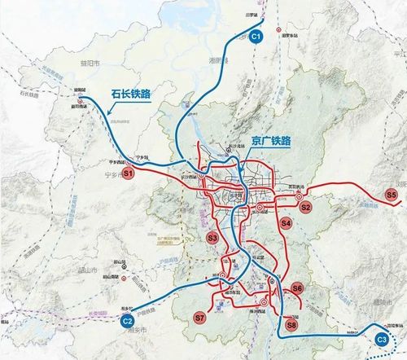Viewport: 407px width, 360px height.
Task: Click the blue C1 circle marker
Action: pyautogui.click(x=256, y=37)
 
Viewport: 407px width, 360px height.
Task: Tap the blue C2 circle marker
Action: pyautogui.click(x=127, y=323)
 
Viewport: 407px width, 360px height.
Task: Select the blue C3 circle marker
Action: pyautogui.click(x=381, y=340)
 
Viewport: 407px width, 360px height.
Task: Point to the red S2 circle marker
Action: pyautogui.click(x=306, y=207)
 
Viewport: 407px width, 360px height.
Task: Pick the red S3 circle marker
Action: pyautogui.click(x=212, y=238)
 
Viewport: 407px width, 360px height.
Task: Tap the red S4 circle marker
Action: pyautogui.click(x=286, y=222)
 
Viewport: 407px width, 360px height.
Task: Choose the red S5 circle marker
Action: pyautogui.click(x=392, y=195)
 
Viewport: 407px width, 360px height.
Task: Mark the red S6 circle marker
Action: pyautogui.click(x=297, y=288)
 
